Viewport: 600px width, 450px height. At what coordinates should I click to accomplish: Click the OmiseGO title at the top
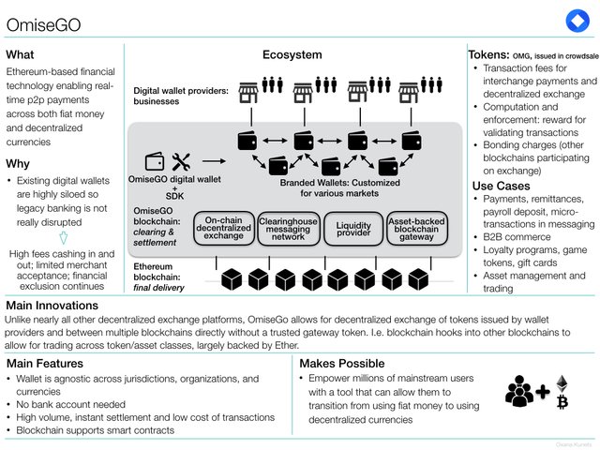pyautogui.click(x=44, y=25)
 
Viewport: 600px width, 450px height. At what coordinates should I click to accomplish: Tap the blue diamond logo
pyautogui.click(x=577, y=21)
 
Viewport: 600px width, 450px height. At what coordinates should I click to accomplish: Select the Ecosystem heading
pyautogui.click(x=292, y=54)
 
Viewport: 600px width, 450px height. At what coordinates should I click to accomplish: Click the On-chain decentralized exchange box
pyautogui.click(x=224, y=228)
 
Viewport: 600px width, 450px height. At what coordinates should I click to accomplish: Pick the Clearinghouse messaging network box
pyautogui.click(x=289, y=229)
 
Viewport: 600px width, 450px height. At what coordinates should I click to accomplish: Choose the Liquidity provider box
pyautogui.click(x=353, y=229)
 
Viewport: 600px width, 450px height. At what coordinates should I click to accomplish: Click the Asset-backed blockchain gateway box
pyautogui.click(x=416, y=229)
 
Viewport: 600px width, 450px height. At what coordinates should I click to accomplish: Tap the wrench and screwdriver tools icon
pyautogui.click(x=181, y=162)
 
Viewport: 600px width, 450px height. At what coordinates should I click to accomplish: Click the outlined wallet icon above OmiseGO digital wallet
pyautogui.click(x=155, y=161)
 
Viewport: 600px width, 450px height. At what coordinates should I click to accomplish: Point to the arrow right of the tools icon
pyautogui.click(x=214, y=161)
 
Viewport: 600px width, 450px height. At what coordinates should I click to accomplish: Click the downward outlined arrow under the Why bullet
pyautogui.click(x=64, y=238)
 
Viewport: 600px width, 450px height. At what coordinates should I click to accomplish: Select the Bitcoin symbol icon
pyautogui.click(x=562, y=402)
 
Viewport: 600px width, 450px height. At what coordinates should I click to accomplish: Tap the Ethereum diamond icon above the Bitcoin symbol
pyautogui.click(x=562, y=383)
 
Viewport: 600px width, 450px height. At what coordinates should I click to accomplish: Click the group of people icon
pyautogui.click(x=519, y=391)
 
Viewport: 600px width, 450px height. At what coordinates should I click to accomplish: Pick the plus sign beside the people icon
pyautogui.click(x=543, y=392)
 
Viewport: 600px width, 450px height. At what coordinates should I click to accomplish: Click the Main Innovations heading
pyautogui.click(x=52, y=306)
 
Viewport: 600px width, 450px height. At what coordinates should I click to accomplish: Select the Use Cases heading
pyautogui.click(x=501, y=186)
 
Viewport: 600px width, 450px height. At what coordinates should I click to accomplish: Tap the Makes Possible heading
pyautogui.click(x=342, y=363)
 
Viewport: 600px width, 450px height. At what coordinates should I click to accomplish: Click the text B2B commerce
pyautogui.click(x=517, y=237)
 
